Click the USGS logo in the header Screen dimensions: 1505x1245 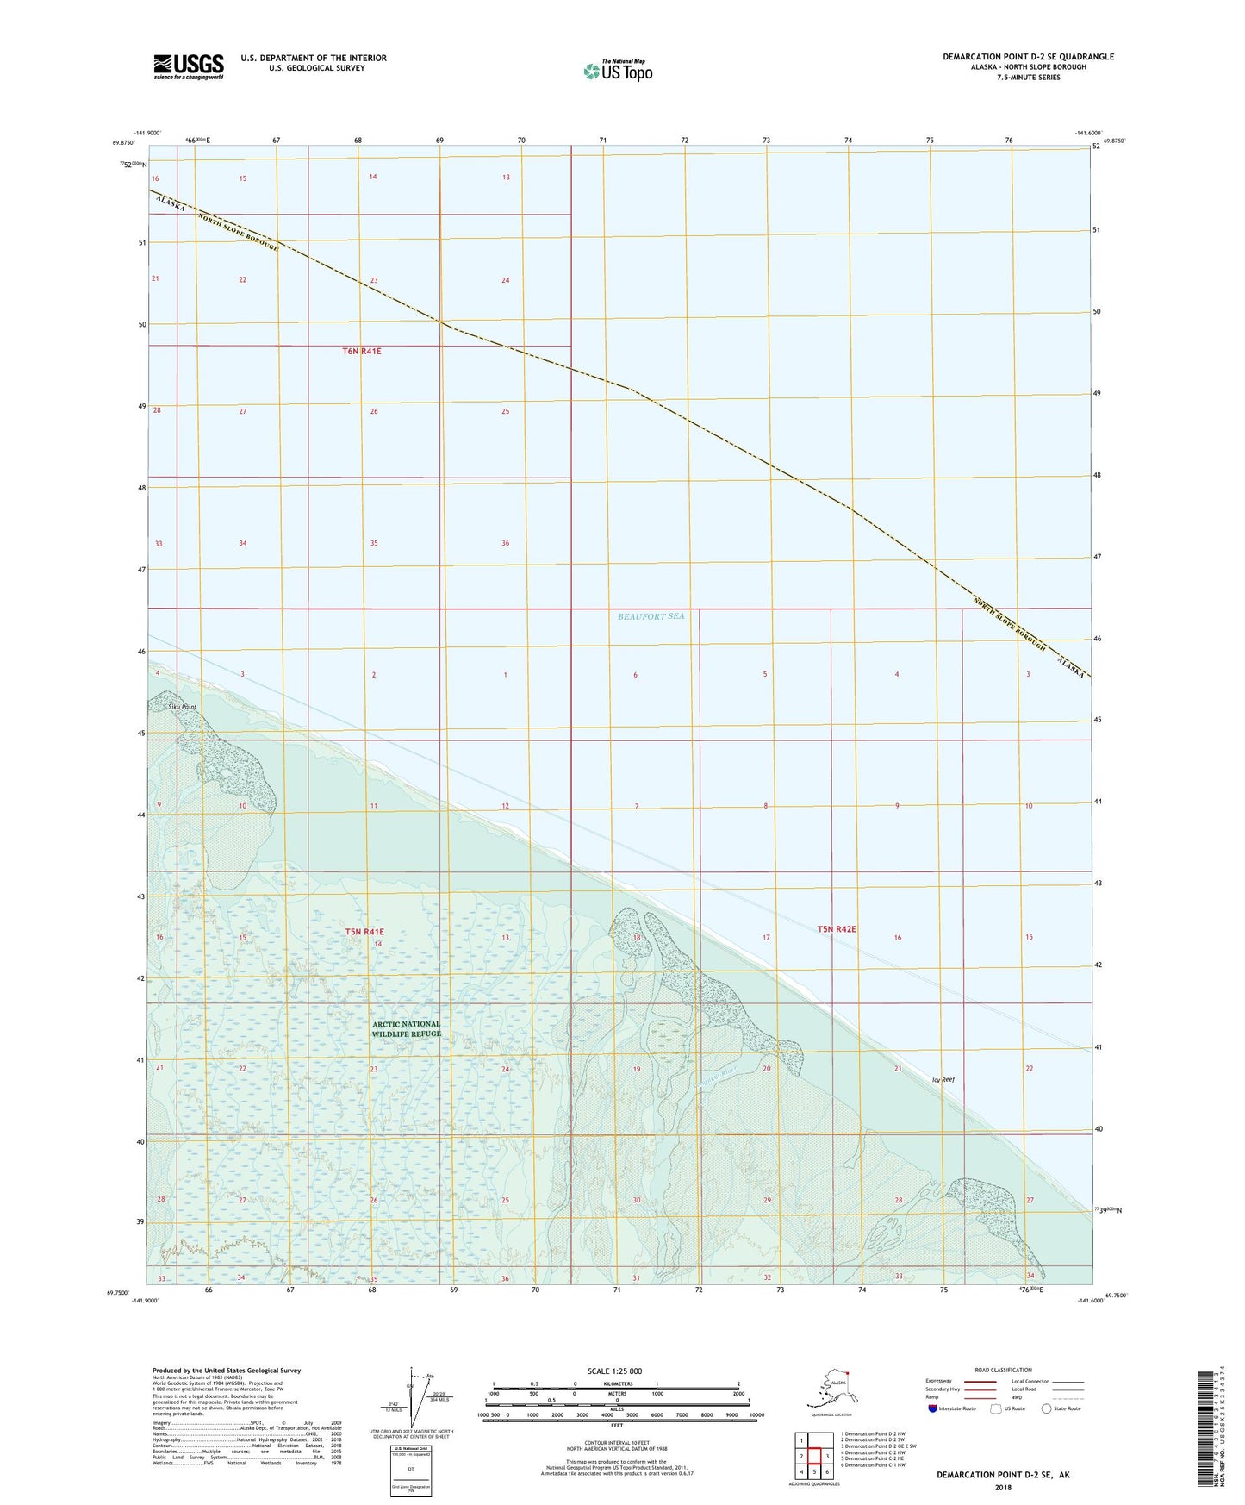[189, 66]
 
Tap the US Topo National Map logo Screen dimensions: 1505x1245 [618, 71]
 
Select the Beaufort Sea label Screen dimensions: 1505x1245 [651, 616]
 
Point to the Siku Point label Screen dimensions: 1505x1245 [179, 707]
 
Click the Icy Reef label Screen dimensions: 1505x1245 [943, 1079]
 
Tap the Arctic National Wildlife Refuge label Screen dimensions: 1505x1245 [406, 1029]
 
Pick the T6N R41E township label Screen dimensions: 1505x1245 [362, 352]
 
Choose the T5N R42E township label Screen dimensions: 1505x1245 [837, 929]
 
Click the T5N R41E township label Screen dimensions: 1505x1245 [364, 932]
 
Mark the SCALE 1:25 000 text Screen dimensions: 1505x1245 [614, 1371]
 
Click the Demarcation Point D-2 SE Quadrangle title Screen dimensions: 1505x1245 [1028, 57]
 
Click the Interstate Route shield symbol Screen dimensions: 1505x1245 [933, 1408]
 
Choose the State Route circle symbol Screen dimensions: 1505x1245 [1046, 1408]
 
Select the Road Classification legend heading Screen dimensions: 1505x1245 [1003, 1370]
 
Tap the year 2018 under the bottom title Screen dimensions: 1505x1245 [1003, 1487]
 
